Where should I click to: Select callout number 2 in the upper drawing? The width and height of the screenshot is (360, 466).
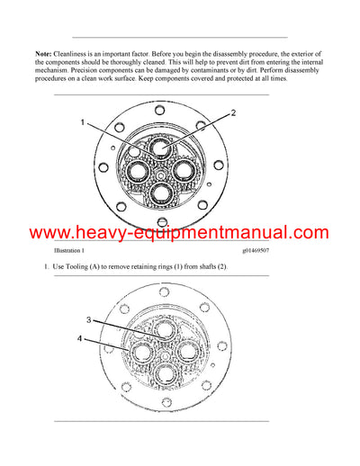click(x=232, y=113)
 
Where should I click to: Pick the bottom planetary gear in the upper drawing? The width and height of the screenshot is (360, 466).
click(x=162, y=193)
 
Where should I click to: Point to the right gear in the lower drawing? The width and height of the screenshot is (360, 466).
click(x=187, y=350)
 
